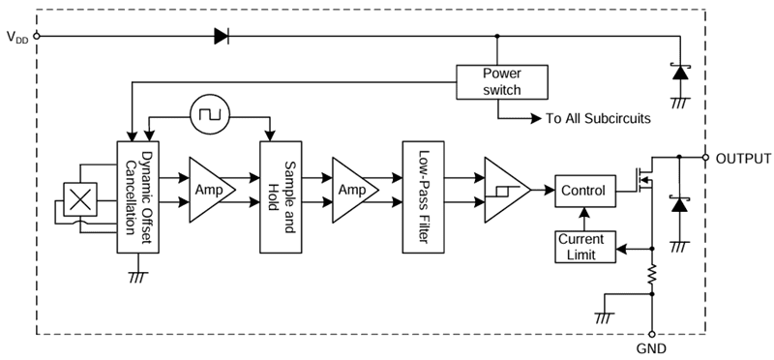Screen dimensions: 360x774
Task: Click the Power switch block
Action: (501, 81)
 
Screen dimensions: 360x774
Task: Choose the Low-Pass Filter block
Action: (423, 195)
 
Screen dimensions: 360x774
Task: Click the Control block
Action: (581, 191)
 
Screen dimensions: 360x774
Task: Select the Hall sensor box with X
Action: (81, 198)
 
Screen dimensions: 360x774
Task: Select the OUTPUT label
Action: (743, 159)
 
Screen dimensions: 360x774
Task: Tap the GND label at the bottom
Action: (652, 347)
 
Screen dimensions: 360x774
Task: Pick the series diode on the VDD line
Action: (221, 37)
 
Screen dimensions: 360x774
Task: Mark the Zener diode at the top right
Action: (680, 72)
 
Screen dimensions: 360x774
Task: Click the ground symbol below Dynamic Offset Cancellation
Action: (135, 278)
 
